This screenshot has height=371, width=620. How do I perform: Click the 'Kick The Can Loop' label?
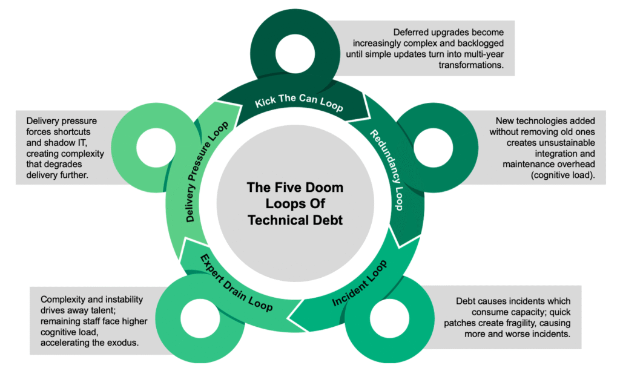298,103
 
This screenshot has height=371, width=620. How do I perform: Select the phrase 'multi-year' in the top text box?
478,54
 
